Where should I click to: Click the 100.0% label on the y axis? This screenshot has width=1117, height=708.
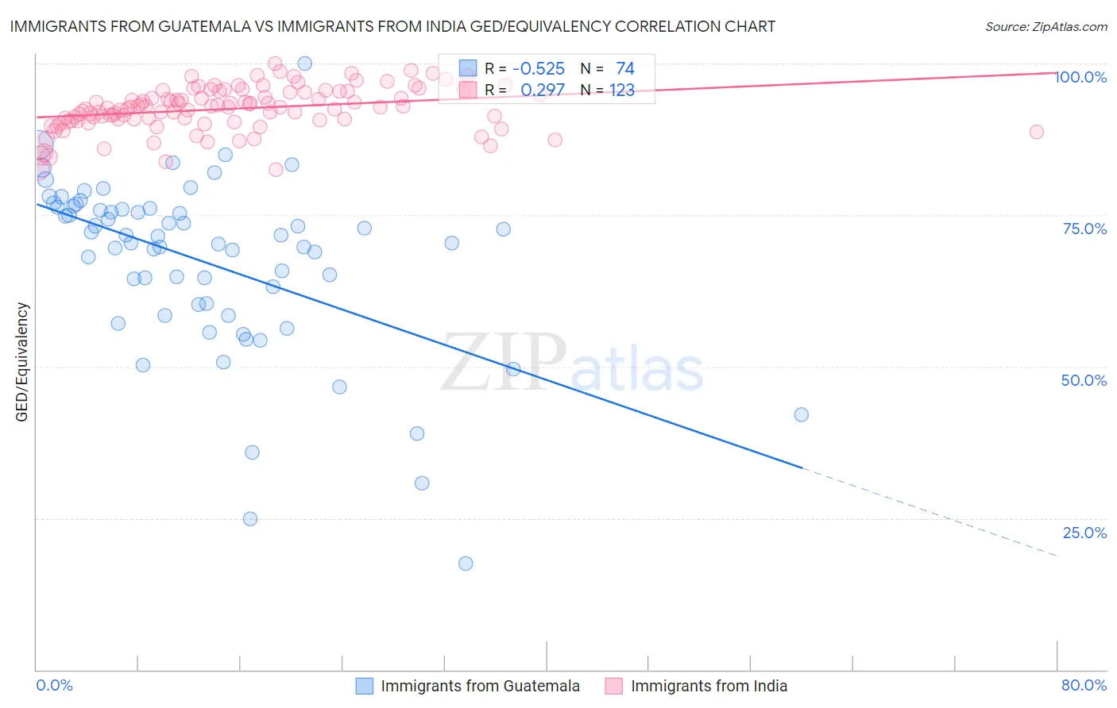[1081, 77]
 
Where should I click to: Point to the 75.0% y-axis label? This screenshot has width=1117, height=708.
[1084, 229]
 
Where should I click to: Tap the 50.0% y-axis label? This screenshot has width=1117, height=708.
[1084, 380]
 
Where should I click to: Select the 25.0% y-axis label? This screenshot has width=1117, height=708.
[1084, 533]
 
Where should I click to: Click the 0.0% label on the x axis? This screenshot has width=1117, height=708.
[55, 685]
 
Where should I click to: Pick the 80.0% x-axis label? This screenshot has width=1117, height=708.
[1084, 685]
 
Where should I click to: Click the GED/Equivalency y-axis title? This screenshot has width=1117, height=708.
[22, 362]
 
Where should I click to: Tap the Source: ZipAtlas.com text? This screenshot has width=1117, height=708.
[1045, 26]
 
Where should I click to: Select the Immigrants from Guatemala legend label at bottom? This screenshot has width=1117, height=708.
[480, 686]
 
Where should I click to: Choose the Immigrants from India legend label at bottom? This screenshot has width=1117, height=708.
[709, 686]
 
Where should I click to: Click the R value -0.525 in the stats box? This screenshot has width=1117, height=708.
[538, 68]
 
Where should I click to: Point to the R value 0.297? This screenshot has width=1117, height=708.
[543, 90]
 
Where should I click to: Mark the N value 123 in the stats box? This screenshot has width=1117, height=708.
[621, 90]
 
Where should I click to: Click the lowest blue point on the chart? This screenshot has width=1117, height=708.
[466, 564]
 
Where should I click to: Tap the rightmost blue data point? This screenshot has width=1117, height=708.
[801, 414]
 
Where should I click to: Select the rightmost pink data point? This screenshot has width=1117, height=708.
[1036, 132]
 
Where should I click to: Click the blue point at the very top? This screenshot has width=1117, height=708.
[304, 63]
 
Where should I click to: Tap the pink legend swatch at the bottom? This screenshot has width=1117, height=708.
[613, 686]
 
